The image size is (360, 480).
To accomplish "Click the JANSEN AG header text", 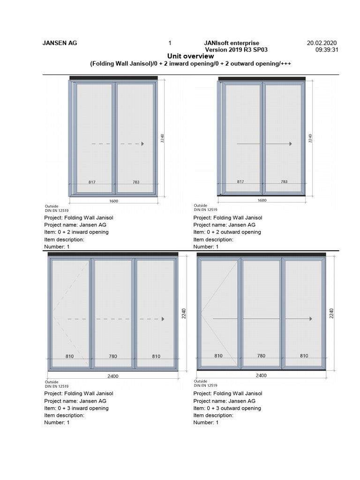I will [60, 43].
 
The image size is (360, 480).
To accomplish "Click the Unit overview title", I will [190, 56].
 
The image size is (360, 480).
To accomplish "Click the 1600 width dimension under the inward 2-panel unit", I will [114, 201].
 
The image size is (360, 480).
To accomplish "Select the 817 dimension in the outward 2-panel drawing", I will [240, 181].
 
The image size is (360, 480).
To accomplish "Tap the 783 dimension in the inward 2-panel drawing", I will [135, 181].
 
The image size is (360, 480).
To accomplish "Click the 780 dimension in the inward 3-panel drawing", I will [112, 356].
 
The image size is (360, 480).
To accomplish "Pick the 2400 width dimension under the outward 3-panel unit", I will [261, 375].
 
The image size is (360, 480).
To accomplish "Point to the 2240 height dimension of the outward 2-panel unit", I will [310, 138].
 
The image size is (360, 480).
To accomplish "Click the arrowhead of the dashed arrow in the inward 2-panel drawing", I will [142, 144].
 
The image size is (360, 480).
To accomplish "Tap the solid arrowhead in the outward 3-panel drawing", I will [310, 319].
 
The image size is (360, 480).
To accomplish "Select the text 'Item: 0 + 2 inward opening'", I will [76, 232].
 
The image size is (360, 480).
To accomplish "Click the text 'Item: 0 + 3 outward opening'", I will [227, 408].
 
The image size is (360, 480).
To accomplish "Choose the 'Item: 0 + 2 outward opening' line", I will [227, 232].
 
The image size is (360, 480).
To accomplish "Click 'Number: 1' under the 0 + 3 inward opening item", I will [57, 423].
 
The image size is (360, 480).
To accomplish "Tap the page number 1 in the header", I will [170, 43].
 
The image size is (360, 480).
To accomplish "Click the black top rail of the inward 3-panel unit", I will [113, 254].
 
